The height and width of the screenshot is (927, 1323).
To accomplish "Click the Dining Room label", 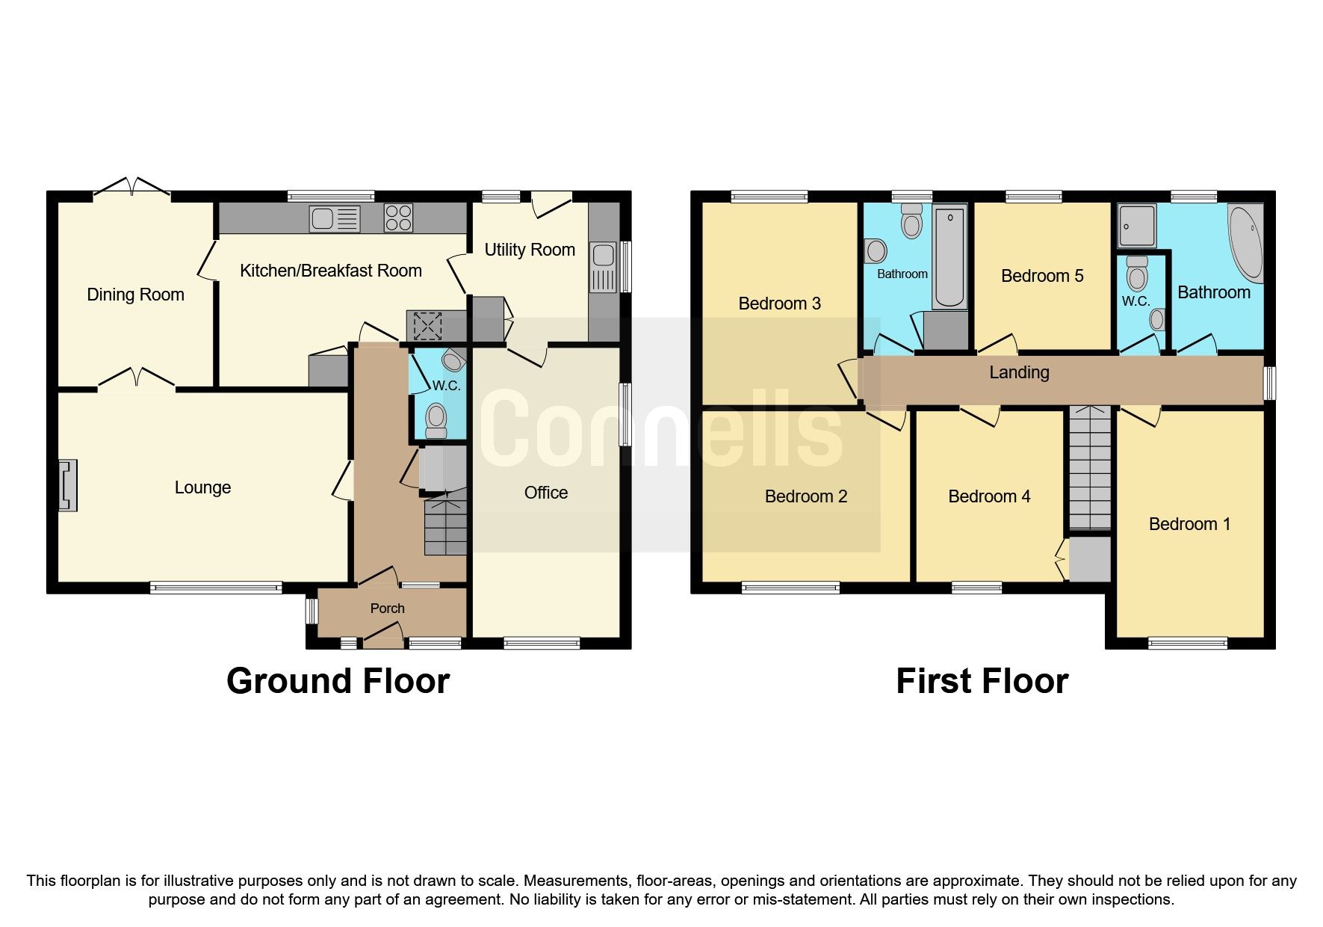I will coord(135,295).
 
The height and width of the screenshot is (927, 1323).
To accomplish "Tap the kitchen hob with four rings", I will coord(398,218).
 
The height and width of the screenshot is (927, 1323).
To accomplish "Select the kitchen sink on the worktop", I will coord(335,219).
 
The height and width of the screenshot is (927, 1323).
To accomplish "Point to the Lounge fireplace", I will coord(68,485).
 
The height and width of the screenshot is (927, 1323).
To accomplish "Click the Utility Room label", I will coord(530,250).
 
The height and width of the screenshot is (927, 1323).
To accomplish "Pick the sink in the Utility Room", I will coord(602,267).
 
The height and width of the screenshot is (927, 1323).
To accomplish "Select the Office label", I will coord(546,493).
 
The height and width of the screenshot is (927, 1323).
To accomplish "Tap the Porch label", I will coord(387,609).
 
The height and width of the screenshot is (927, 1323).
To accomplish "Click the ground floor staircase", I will coord(445,527).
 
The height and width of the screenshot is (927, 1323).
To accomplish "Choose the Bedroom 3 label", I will coord(779,304).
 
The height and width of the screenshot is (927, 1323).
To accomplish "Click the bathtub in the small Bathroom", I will coord(949,258).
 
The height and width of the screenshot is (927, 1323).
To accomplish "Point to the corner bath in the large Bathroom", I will coord(1246,243).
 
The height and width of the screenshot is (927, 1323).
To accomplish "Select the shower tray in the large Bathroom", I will coord(1137,226).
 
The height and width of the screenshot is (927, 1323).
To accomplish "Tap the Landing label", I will coord(1019,372).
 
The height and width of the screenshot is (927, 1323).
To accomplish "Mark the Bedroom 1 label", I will coord(1189,524).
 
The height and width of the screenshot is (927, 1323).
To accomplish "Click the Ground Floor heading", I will coord(338,681).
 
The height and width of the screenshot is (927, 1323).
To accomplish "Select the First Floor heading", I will coord(982,681).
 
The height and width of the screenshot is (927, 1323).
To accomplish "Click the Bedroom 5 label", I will coord(1041,276).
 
